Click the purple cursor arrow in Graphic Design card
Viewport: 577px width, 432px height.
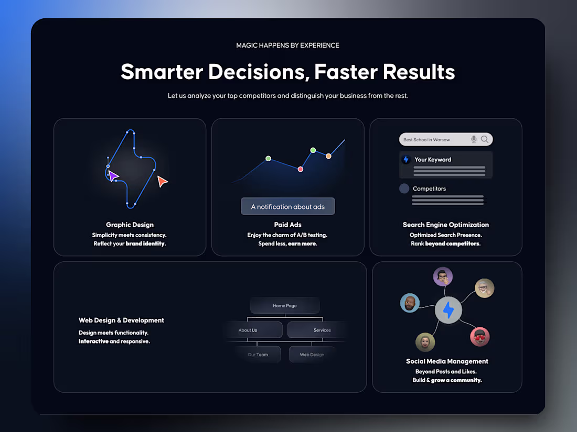[113, 176]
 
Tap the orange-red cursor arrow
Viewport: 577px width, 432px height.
[163, 181]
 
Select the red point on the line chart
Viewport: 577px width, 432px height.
[301, 169]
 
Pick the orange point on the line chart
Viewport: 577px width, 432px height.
[328, 156]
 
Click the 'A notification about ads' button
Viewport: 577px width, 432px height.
[287, 206]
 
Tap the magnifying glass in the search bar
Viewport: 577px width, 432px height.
[485, 139]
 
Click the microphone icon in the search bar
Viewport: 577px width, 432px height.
[474, 139]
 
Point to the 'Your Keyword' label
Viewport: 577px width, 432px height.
[433, 160]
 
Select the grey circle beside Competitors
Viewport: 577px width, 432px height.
[404, 189]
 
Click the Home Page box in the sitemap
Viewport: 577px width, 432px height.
[285, 306]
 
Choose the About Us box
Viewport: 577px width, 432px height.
[252, 330]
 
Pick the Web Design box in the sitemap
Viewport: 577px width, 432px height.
[312, 355]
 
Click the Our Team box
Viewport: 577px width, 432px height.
[258, 355]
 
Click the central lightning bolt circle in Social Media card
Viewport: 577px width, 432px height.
[448, 311]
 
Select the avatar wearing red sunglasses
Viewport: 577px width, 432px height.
[479, 336]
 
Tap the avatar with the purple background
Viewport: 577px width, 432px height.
[443, 276]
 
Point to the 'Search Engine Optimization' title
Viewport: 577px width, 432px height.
[446, 225]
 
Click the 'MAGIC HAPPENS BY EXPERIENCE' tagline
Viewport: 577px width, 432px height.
[287, 46]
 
